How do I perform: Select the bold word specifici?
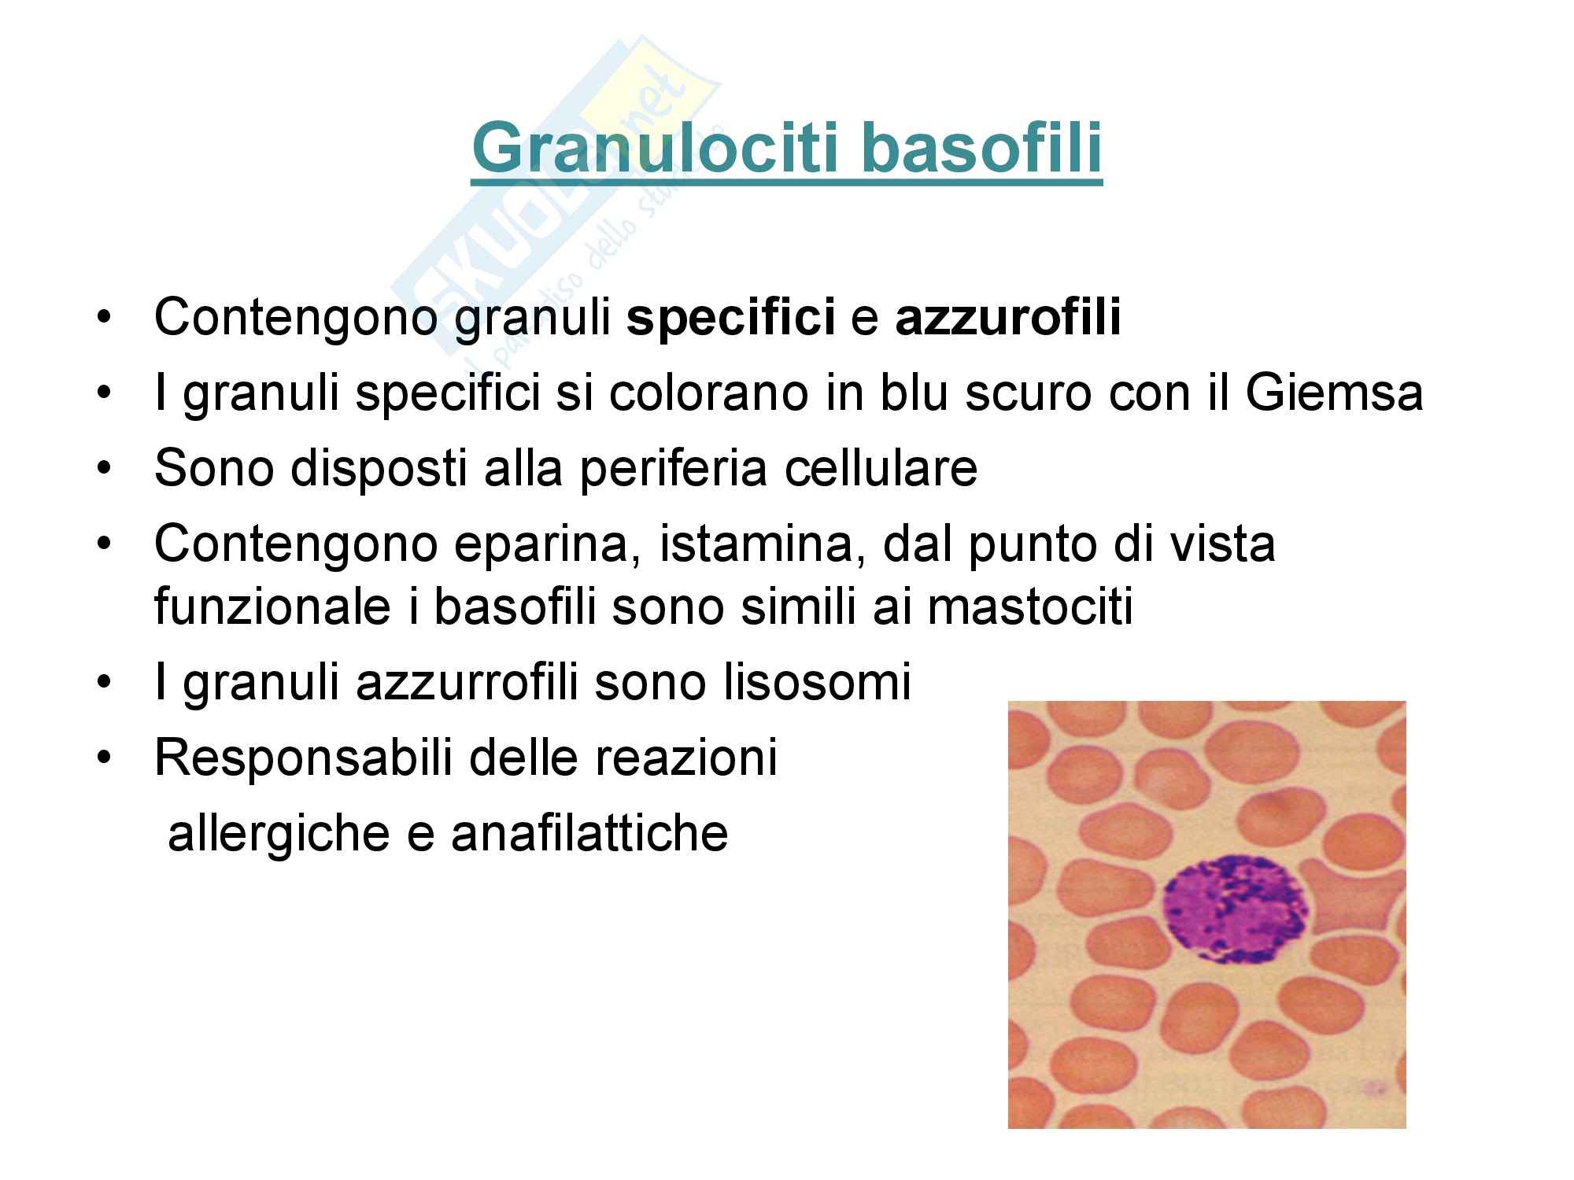[731, 319]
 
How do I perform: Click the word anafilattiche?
[589, 832]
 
